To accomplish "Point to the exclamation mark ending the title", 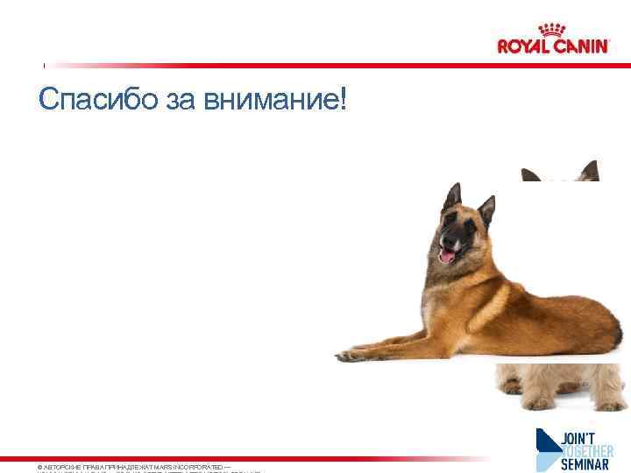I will coord(342,98).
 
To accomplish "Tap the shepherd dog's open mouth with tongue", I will coord(447,255).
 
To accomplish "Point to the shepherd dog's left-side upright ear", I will coord(452,196).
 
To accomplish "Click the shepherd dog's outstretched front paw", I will coord(351,355).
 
